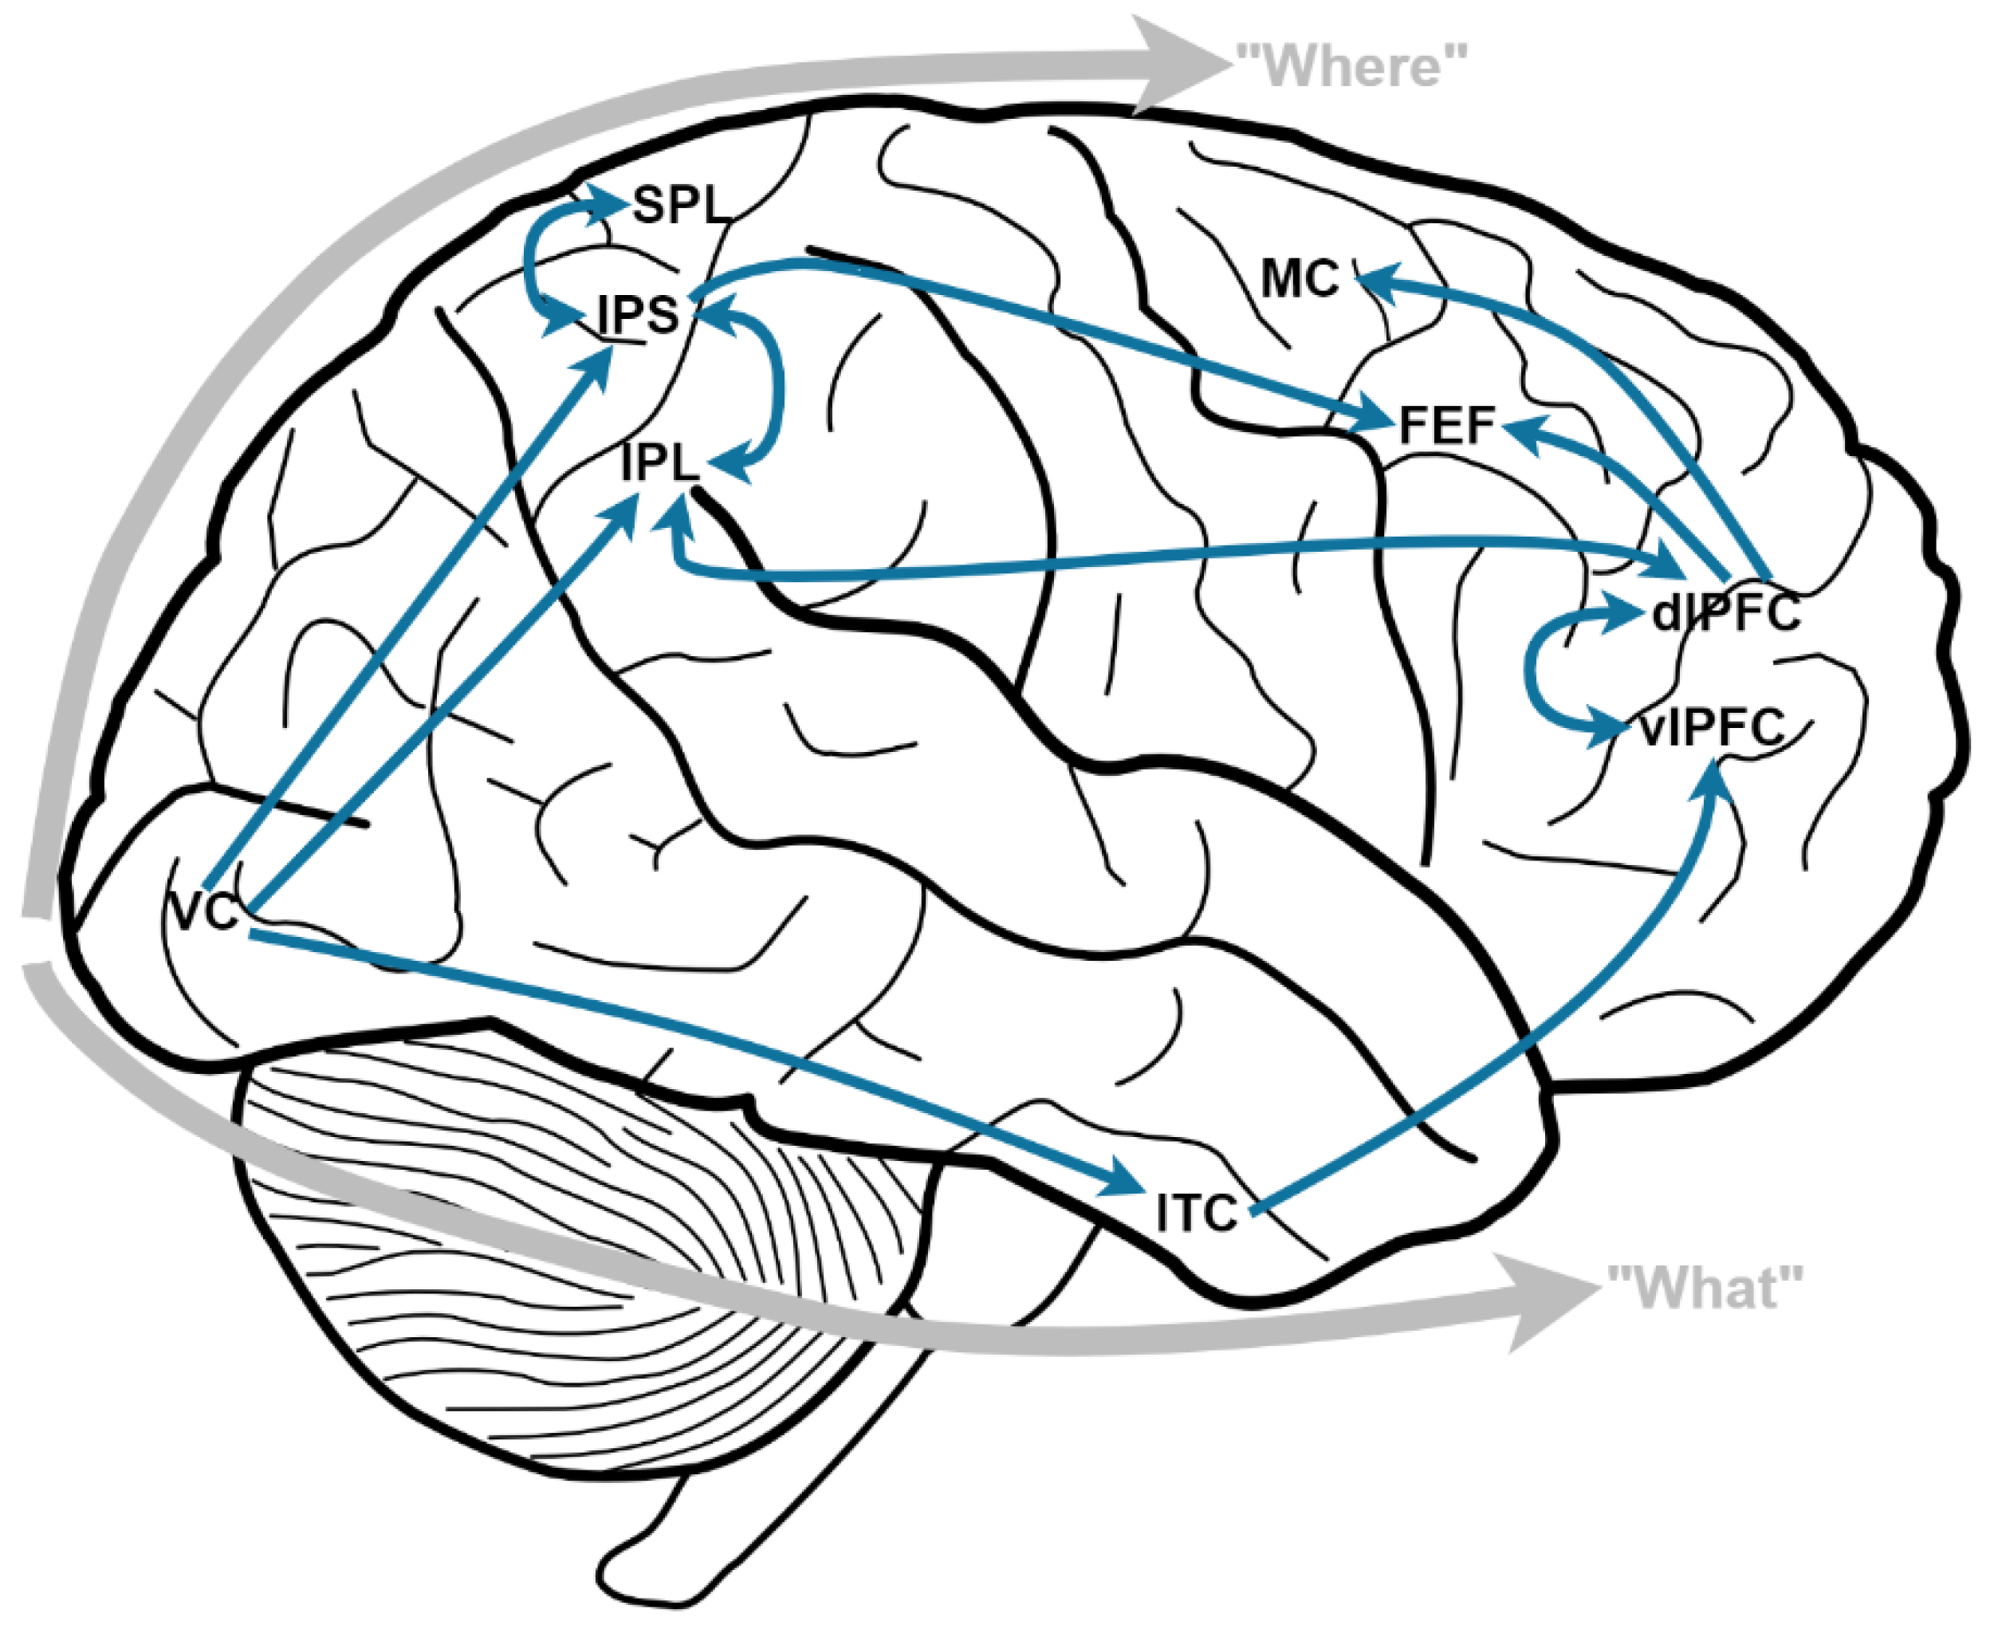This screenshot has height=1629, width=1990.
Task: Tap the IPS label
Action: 638,315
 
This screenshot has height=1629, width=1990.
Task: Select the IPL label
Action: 659,462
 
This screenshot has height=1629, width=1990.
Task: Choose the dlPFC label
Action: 1725,612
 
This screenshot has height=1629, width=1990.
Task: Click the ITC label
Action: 1196,1214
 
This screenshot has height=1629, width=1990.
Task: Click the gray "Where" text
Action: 1351,67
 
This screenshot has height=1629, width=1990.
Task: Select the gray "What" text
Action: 1705,1288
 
